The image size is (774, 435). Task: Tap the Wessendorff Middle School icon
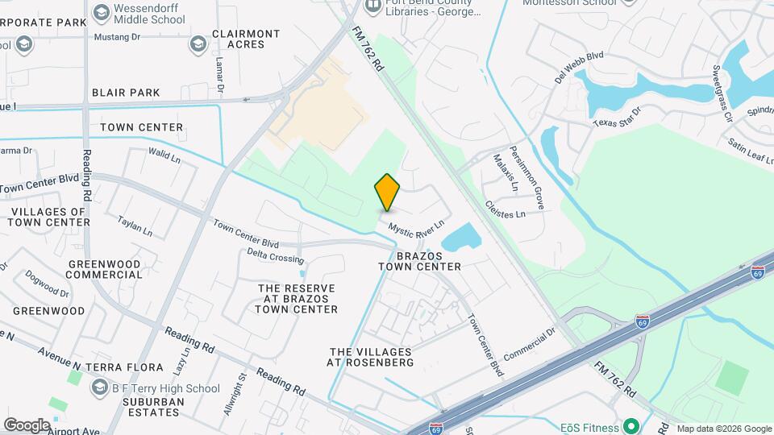pos(101,12)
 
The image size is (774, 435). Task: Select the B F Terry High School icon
pos(99,388)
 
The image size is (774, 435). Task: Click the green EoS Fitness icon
pos(631,426)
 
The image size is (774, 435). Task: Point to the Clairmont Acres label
pos(246,39)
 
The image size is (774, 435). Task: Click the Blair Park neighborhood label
pos(126,93)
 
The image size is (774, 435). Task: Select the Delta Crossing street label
pos(275,256)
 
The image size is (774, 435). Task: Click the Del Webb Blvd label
pos(579,67)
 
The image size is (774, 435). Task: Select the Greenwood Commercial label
pos(105,269)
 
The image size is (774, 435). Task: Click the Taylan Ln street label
pos(135,225)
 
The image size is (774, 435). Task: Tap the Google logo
pos(27,425)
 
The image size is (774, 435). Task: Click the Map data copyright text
pos(723,429)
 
